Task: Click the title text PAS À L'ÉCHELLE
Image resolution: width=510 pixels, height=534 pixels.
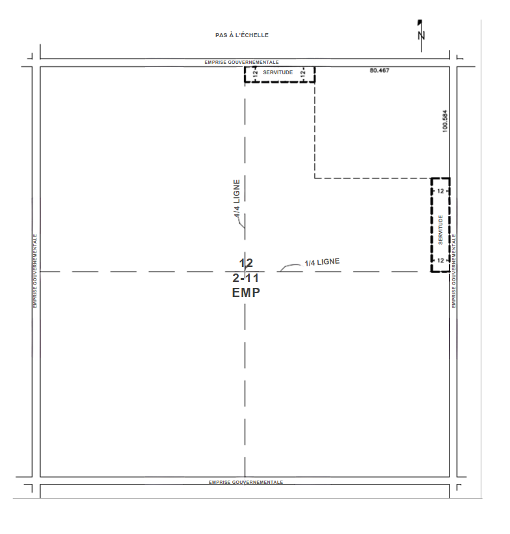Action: (242, 35)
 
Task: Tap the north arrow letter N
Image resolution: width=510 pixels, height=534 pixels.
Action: (422, 35)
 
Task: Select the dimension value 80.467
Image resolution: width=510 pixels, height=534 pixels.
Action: (379, 70)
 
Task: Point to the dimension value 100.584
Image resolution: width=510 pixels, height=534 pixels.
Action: (445, 121)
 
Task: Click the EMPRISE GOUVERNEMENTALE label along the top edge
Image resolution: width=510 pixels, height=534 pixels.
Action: (241, 63)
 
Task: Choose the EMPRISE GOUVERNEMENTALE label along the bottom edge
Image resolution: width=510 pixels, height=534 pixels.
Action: (246, 483)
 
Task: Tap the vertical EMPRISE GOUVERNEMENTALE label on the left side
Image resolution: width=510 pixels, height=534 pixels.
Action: (35, 271)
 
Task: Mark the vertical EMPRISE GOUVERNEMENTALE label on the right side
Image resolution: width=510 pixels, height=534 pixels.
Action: (453, 271)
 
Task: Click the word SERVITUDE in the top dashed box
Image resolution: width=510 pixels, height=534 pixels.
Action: (278, 72)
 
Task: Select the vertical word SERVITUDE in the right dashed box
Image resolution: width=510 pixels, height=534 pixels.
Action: (440, 230)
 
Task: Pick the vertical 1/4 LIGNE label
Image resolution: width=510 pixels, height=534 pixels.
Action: (237, 198)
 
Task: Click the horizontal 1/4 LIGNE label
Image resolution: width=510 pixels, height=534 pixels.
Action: (322, 262)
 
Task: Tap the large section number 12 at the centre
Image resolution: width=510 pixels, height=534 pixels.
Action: (246, 263)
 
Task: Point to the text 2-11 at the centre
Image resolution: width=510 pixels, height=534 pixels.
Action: (246, 278)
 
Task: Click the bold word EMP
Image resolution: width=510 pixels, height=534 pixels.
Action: (246, 292)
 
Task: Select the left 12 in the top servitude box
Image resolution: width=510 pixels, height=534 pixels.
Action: (256, 72)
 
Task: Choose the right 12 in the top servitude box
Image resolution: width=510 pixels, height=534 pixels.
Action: (302, 72)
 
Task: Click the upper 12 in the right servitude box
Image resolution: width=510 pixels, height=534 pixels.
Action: (440, 191)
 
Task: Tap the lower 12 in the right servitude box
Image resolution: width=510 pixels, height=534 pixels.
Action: (440, 260)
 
